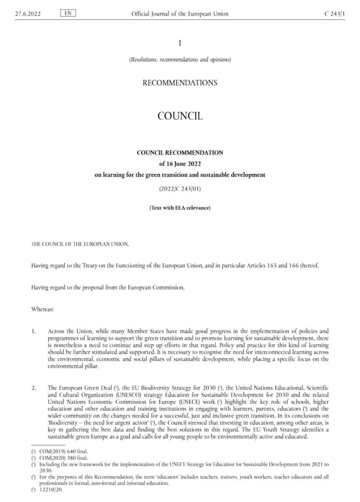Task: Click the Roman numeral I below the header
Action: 180,43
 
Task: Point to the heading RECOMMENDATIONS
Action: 180,83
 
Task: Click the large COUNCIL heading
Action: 180,116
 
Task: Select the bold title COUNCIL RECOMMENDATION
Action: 180,152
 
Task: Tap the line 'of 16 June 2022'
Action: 180,163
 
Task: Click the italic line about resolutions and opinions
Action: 180,60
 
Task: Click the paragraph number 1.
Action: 33,332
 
